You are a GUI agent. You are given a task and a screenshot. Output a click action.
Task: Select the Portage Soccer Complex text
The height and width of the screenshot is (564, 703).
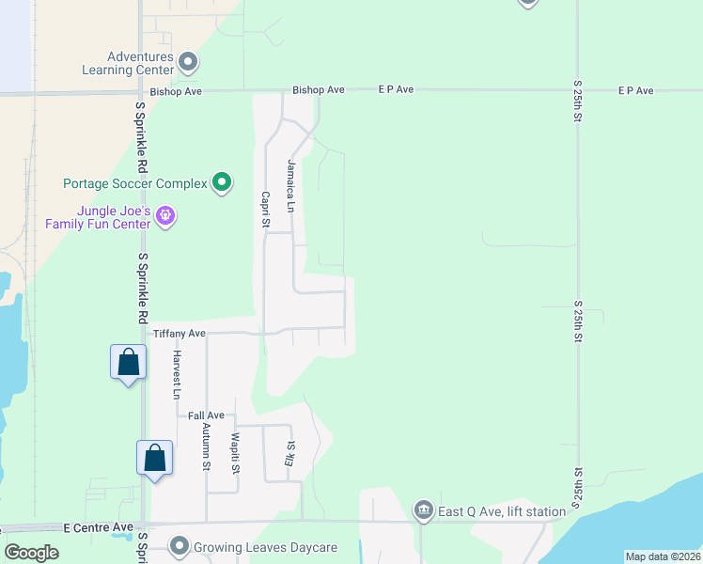point(134,183)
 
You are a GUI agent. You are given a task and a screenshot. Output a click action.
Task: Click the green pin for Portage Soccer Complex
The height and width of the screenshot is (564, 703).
point(222,182)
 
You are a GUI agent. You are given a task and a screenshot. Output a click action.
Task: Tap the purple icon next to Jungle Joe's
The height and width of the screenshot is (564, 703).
point(165,216)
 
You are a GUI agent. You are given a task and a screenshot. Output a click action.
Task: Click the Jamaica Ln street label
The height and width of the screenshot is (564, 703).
point(291,185)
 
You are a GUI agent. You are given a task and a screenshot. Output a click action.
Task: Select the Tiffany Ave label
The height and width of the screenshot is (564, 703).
point(179,334)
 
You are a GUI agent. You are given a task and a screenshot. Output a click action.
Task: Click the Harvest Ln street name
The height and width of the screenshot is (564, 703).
point(176,374)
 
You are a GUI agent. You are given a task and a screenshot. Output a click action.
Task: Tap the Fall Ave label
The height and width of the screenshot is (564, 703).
point(206,415)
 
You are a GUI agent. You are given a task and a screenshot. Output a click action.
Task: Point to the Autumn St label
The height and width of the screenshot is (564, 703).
point(205,446)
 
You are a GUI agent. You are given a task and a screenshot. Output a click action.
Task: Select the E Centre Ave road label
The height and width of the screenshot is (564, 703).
point(99,528)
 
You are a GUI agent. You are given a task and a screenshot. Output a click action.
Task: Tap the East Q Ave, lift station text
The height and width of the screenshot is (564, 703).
point(502,511)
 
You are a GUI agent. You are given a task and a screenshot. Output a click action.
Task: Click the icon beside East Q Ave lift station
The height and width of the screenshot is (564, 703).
point(424,511)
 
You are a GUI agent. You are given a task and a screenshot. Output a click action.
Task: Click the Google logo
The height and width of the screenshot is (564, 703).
point(32,553)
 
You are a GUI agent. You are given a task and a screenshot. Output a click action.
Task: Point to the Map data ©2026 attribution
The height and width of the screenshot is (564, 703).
point(662,556)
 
